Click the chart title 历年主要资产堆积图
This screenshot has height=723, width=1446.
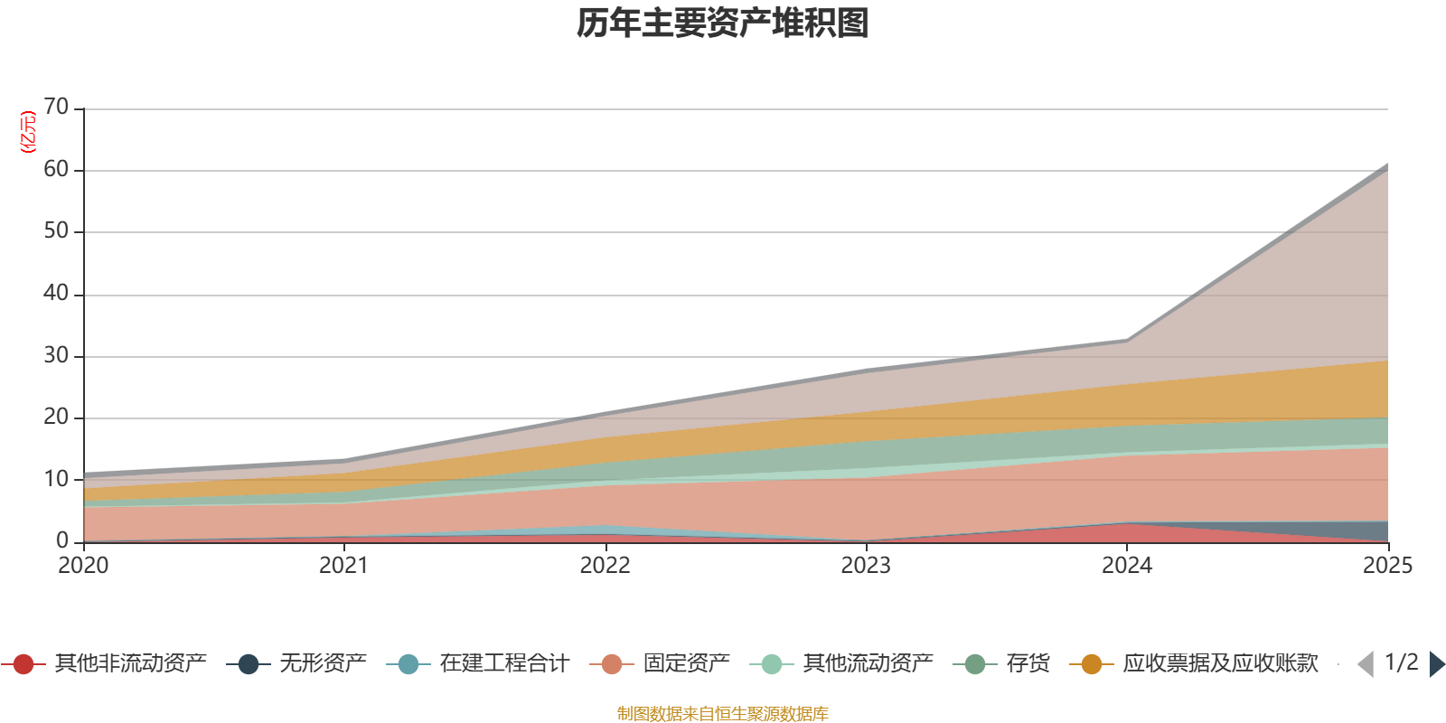pyautogui.click(x=723, y=23)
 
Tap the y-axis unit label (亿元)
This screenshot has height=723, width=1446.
pyautogui.click(x=28, y=132)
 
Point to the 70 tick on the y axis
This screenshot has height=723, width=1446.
pyautogui.click(x=56, y=108)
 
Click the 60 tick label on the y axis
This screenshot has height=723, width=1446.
pyautogui.click(x=56, y=170)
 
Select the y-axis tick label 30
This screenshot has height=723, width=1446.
pyautogui.click(x=56, y=356)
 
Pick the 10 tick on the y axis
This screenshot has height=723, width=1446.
pyautogui.click(x=56, y=479)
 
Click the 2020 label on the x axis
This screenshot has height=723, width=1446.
pyautogui.click(x=83, y=566)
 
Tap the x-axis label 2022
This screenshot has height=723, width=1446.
pyautogui.click(x=605, y=566)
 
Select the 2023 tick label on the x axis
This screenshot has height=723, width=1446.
pyautogui.click(x=866, y=566)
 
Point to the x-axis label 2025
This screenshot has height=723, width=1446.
pyautogui.click(x=1386, y=566)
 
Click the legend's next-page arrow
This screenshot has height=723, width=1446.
pyautogui.click(x=1437, y=664)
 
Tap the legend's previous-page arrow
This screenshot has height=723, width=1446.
pyautogui.click(x=1366, y=664)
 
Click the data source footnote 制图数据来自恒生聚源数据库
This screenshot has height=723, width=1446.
pyautogui.click(x=723, y=714)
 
